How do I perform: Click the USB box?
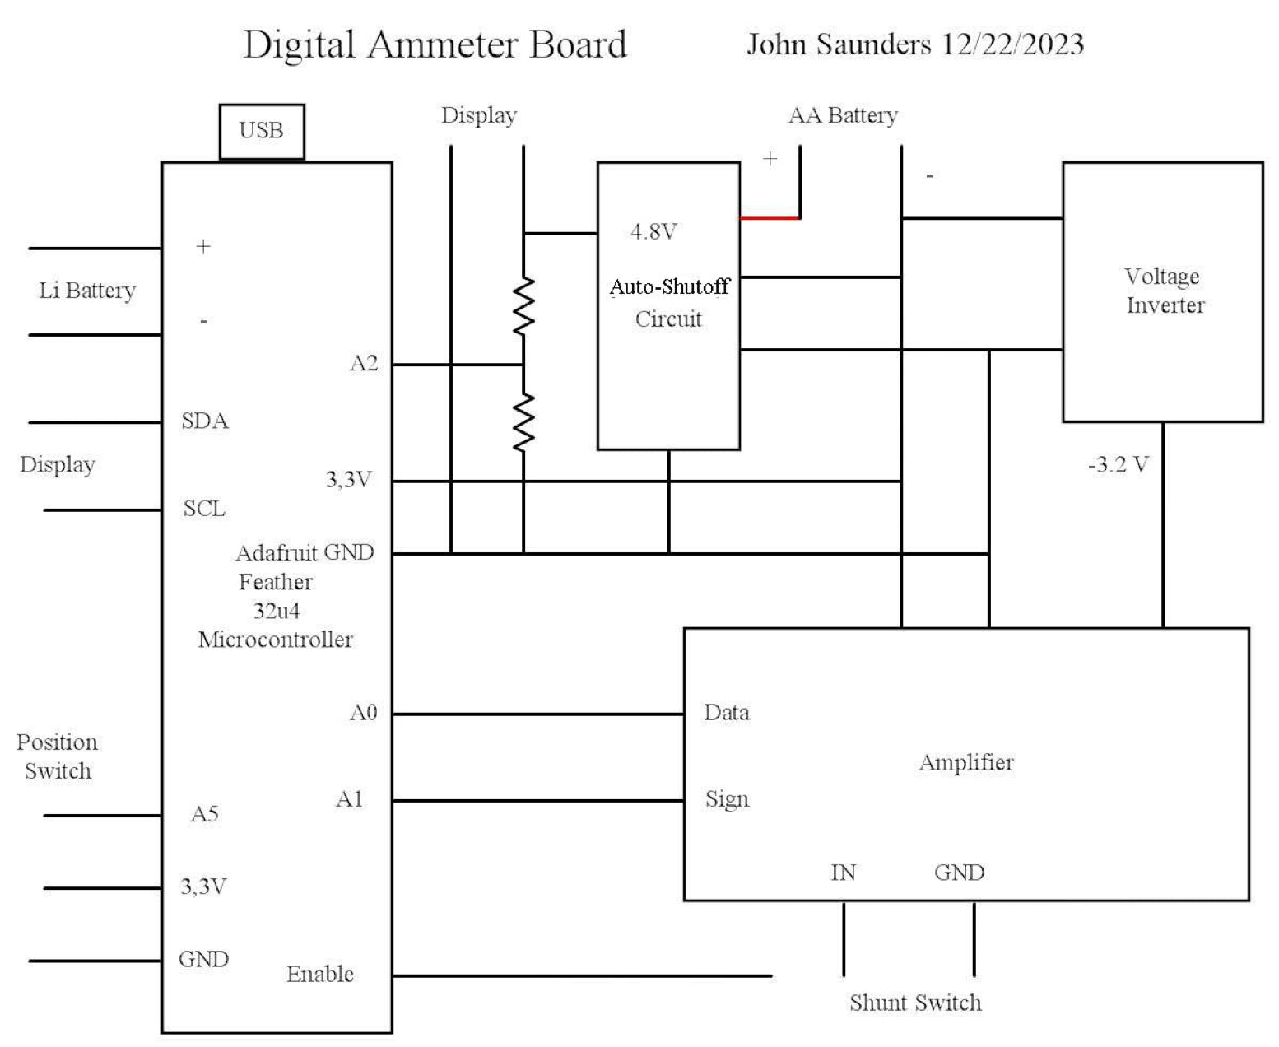pos(262,131)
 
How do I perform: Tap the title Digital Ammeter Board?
pos(435,44)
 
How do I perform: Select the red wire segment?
pos(770,218)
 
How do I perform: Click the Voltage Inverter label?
pos(1164,291)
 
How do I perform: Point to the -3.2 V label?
pos(1118,465)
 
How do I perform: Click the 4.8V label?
pos(653,232)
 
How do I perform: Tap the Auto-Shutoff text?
pos(669,286)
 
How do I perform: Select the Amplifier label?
pos(965,762)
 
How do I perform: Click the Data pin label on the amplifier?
pos(726,712)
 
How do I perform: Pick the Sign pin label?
pos(727,799)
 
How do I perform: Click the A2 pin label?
pos(364,363)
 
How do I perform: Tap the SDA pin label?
pos(205,421)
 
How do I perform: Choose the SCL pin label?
pos(204,509)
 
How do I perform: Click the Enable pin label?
pos(320,975)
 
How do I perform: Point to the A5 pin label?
pos(205,814)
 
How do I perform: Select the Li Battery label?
pos(87,291)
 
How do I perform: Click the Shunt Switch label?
pos(915,1003)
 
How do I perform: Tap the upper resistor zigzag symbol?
pos(523,305)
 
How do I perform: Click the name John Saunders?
pos(839,44)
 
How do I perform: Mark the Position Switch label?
pos(58,756)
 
